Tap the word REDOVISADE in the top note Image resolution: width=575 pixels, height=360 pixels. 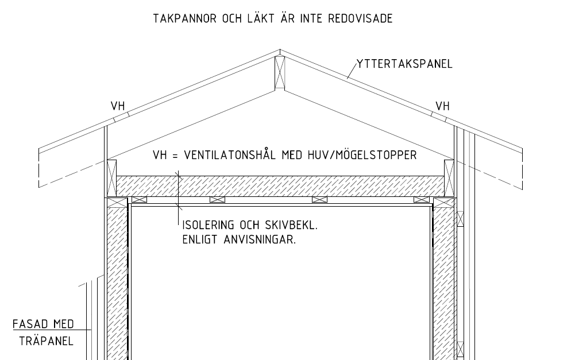(360, 18)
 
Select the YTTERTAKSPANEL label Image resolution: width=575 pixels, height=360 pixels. (404, 64)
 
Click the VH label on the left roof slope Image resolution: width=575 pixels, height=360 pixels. (118, 106)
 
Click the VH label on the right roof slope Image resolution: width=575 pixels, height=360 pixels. (442, 106)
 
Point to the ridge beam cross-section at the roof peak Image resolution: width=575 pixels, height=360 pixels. (280, 72)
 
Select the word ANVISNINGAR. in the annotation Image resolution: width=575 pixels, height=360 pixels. (260, 240)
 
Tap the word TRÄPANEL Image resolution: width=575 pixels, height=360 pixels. (46, 341)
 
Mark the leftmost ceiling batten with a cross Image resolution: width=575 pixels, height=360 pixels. (139, 199)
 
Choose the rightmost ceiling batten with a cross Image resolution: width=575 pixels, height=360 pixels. (422, 199)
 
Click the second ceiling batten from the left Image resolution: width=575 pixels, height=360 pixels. (218, 199)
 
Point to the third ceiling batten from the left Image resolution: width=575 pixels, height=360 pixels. (319, 199)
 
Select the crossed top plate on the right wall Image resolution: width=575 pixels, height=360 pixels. (444, 203)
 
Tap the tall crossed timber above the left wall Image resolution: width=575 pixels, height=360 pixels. (111, 178)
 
